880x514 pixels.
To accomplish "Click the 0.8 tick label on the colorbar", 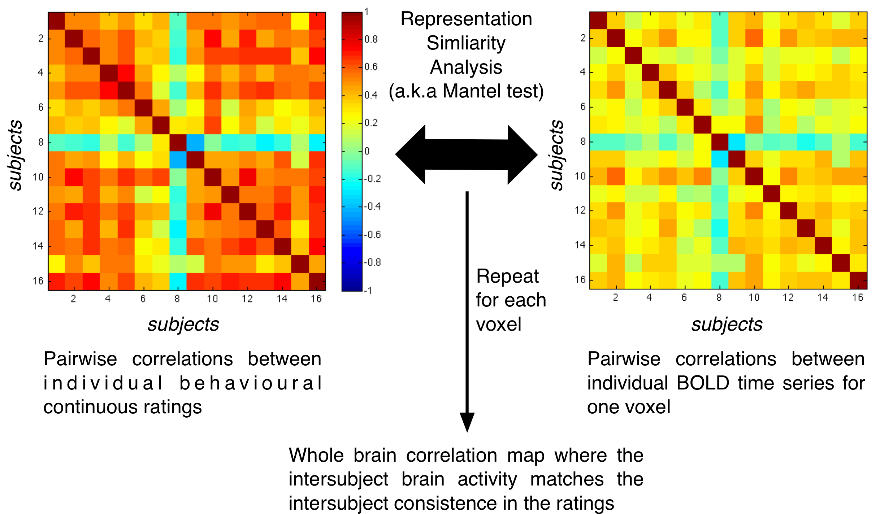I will [371, 39].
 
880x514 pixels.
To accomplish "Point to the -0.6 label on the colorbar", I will [372, 235].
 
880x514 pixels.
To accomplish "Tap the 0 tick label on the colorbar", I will [367, 151].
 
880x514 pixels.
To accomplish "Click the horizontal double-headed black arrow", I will [466, 154].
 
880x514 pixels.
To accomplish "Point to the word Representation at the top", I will [466, 19].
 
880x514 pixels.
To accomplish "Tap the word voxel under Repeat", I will [499, 324].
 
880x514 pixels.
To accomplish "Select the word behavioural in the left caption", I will [251, 383].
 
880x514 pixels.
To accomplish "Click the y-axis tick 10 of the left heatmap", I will [38, 177].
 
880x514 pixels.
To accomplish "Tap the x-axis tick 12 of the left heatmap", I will [247, 299].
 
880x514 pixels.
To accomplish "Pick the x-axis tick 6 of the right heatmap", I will [684, 298].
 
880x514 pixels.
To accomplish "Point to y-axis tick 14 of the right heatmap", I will [580, 245].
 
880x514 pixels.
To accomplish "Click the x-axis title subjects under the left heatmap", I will [183, 324].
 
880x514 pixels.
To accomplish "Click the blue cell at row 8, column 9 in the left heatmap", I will [195, 143].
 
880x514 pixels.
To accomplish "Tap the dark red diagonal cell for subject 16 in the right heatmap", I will [858, 280].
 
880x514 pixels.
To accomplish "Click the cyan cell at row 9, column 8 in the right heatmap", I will [720, 159].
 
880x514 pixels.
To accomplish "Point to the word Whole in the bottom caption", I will [316, 455].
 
